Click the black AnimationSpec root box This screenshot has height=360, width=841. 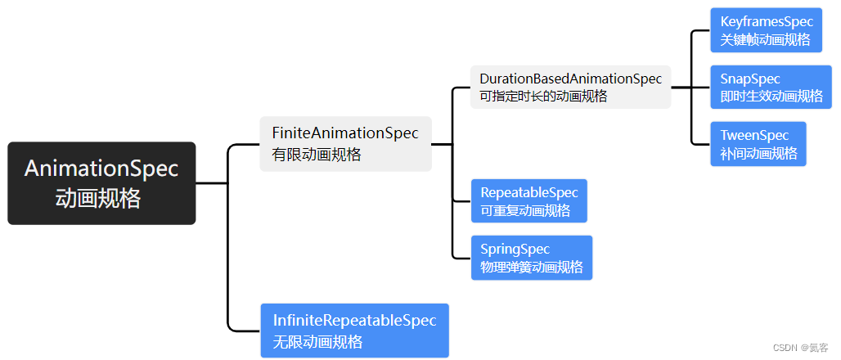click(101, 183)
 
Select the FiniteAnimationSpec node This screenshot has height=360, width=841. click(345, 143)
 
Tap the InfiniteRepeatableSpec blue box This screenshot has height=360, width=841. click(354, 331)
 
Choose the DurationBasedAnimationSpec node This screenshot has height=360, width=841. click(570, 87)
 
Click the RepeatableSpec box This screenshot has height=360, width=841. click(528, 201)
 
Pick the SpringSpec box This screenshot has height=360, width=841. click(531, 258)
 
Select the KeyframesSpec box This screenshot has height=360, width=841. click(766, 30)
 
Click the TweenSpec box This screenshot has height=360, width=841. click(758, 144)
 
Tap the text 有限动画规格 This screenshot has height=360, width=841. click(317, 154)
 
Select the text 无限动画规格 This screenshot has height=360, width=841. click(317, 341)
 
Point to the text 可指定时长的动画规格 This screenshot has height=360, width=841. click(543, 97)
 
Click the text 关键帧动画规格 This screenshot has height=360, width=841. click(765, 39)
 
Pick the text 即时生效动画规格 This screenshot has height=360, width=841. click(771, 97)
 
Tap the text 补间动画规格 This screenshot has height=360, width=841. click(758, 153)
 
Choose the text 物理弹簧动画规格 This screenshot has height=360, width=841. click(532, 267)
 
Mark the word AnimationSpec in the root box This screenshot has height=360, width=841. click(101, 169)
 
